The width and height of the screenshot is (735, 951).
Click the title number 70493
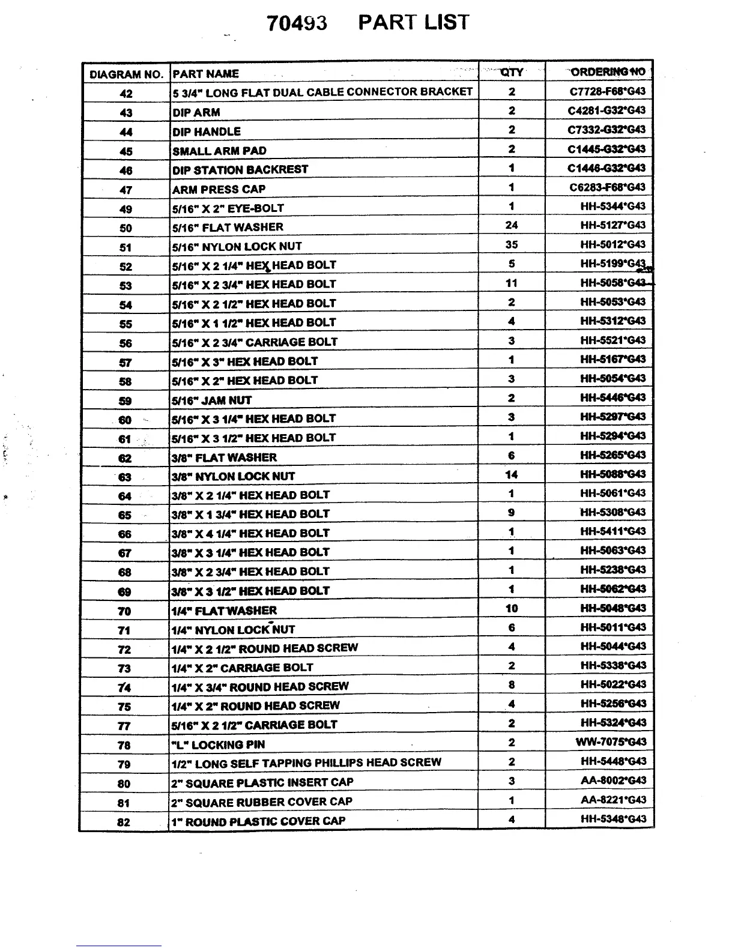tap(297, 23)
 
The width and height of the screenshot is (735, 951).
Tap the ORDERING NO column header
tap(608, 72)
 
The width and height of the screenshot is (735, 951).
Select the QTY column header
tap(512, 72)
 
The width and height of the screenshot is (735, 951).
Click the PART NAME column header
tap(205, 74)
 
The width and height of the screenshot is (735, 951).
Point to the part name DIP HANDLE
tap(207, 131)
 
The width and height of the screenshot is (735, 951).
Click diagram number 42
tap(126, 94)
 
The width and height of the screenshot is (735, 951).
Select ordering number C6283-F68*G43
tap(607, 187)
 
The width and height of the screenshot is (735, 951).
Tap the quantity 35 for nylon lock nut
tap(512, 244)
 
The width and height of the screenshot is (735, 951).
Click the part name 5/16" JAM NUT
tap(212, 400)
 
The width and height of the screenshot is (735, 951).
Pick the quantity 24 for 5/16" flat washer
tap(512, 225)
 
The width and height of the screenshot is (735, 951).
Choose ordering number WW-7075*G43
tap(611, 742)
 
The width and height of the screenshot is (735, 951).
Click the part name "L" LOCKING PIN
tap(219, 744)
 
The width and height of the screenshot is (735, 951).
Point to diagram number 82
tap(124, 822)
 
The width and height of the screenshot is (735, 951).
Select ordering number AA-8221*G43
tap(613, 800)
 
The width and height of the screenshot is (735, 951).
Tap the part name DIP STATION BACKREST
tap(240, 170)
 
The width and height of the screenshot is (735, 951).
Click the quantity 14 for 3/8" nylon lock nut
tap(512, 474)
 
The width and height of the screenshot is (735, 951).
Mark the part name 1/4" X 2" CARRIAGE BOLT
tap(242, 668)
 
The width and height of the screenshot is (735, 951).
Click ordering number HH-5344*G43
tap(612, 206)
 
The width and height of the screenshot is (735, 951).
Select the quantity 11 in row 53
tap(512, 283)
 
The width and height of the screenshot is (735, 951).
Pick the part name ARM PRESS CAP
tap(219, 189)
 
